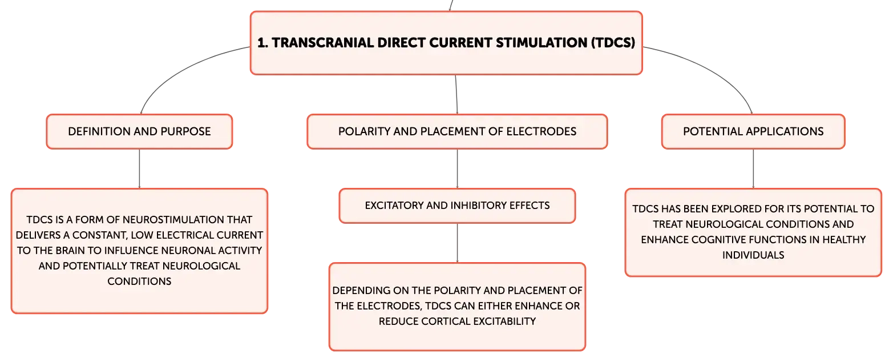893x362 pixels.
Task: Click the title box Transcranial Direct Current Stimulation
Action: click(446, 43)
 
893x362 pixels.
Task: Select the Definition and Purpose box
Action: click(140, 131)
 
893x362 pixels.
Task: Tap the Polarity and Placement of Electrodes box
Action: click(457, 131)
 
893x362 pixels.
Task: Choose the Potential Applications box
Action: click(753, 131)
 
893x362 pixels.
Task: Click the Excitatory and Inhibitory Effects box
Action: click(457, 206)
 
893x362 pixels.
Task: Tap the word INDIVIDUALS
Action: click(753, 255)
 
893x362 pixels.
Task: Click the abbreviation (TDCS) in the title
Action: click(613, 43)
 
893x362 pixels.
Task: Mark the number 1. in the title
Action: click(262, 43)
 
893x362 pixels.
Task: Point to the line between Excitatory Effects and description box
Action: click(457, 243)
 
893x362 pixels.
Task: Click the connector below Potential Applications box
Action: click(753, 168)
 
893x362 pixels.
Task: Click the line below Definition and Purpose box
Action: click(140, 168)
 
